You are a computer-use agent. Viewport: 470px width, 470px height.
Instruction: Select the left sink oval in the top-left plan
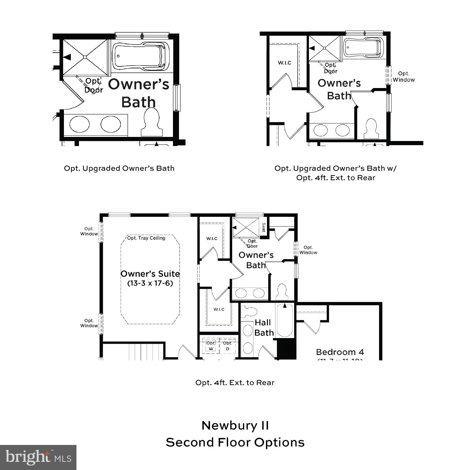(x=79, y=124)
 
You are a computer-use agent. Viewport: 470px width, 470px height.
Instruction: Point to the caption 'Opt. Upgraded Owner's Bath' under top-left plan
(x=119, y=168)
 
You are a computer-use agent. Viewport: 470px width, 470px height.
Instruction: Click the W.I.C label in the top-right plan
(x=285, y=63)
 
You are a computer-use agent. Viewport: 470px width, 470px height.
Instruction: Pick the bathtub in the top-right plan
(x=363, y=48)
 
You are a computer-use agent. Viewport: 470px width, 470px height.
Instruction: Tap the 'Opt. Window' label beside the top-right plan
(x=404, y=77)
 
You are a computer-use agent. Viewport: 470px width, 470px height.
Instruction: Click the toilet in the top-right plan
(x=371, y=129)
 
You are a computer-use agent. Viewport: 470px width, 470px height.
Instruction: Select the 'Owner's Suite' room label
(x=150, y=274)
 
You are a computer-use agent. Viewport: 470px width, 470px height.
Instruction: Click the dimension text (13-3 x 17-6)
(x=150, y=283)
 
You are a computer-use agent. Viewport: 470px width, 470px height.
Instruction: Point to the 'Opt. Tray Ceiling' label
(x=146, y=238)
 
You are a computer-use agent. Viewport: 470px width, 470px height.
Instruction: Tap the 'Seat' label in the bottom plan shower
(x=264, y=227)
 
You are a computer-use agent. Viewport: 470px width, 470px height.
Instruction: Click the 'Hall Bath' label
(x=264, y=327)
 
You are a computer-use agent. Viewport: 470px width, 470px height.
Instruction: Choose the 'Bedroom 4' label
(x=340, y=352)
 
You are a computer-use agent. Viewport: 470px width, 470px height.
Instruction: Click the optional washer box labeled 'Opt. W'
(x=211, y=346)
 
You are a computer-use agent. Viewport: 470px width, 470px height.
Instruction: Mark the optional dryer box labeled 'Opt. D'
(x=227, y=346)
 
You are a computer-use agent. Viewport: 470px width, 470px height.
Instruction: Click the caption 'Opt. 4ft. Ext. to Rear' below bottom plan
(x=235, y=383)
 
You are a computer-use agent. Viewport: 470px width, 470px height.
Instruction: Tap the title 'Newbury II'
(x=235, y=426)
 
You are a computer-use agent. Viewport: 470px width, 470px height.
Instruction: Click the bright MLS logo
(x=38, y=457)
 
